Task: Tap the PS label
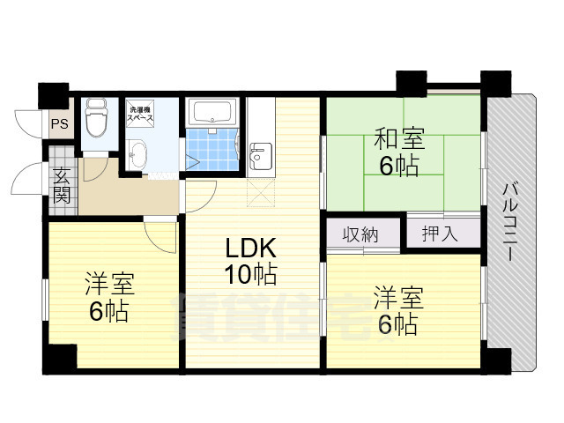click(x=59, y=124)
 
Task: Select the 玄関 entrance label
click(x=61, y=185)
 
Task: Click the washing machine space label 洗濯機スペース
click(x=140, y=113)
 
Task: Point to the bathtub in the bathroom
click(x=211, y=114)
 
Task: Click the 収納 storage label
click(x=360, y=234)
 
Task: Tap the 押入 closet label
click(x=439, y=234)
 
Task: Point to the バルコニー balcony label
click(x=511, y=220)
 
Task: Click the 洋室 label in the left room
click(x=109, y=284)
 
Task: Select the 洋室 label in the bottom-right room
click(x=397, y=297)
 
